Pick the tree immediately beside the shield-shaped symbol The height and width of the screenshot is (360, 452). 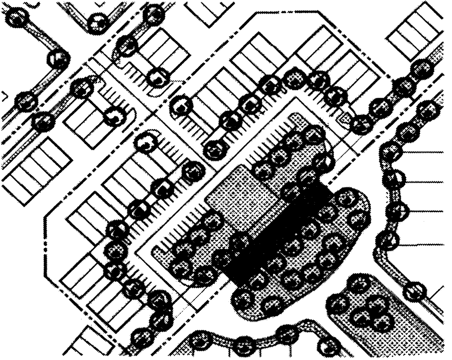point(361,124)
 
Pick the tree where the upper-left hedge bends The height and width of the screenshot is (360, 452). point(59,58)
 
